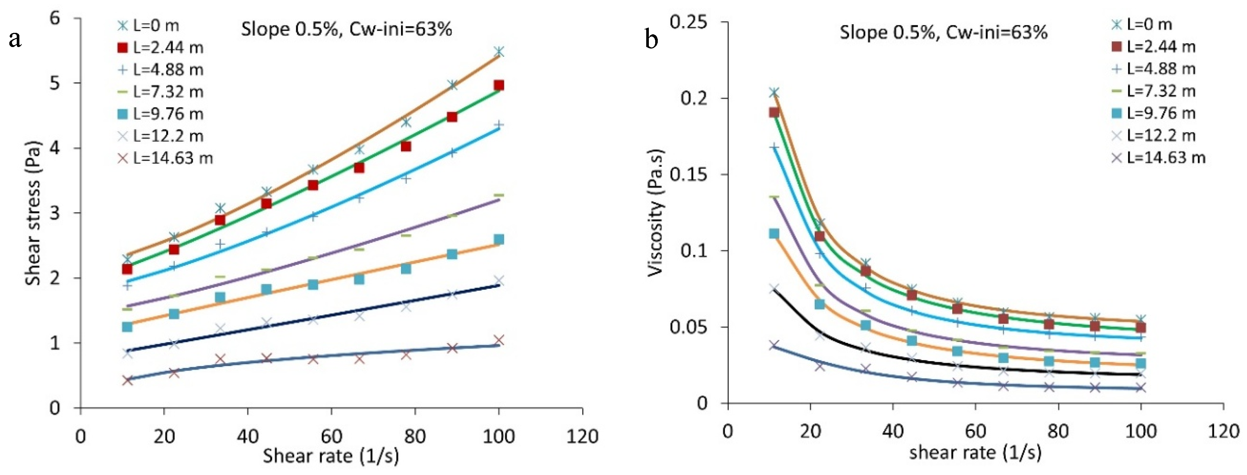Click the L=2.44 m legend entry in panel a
click(160, 47)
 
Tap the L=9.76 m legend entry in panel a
click(160, 114)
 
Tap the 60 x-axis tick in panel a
click(332, 436)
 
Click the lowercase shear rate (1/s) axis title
click(975, 452)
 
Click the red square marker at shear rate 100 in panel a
click(499, 85)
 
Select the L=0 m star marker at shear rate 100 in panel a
click(499, 51)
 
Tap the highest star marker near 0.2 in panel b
click(774, 92)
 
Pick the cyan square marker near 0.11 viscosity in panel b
click(774, 234)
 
